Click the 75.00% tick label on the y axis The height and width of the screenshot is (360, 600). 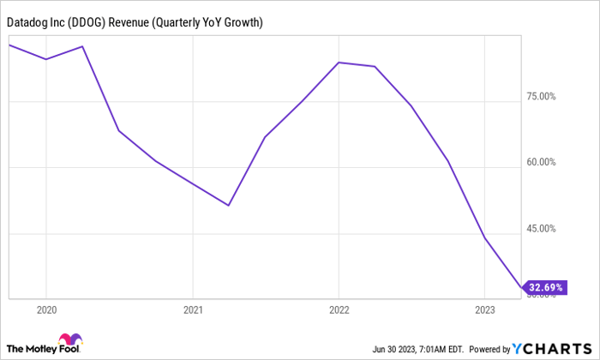coord(543,96)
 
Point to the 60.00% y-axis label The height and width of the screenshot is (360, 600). coord(543,162)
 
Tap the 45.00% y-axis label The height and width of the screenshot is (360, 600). coord(543,229)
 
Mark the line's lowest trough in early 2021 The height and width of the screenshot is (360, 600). coord(229,206)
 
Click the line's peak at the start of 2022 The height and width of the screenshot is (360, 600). coord(339,63)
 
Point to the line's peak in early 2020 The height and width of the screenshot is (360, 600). coord(82,46)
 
